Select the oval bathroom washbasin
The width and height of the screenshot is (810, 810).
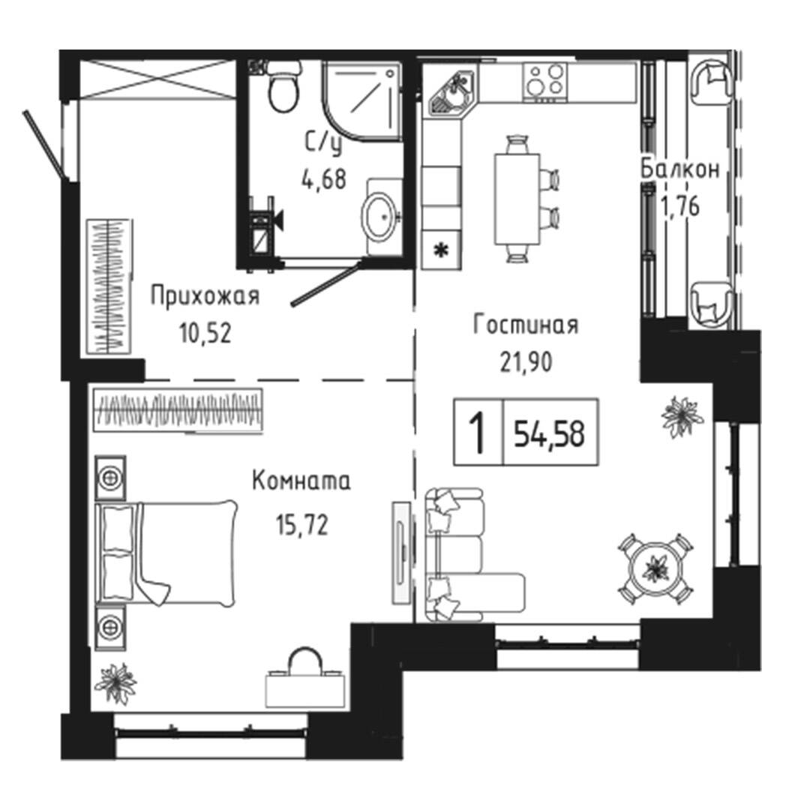coord(380,217)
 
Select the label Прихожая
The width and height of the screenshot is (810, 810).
coord(205,296)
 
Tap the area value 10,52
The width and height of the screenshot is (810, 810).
coord(205,333)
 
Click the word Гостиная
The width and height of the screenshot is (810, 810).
coord(525,325)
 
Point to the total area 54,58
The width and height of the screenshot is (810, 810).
coord(549,433)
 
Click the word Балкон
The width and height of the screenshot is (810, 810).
coord(679,169)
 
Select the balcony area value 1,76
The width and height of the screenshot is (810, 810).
coord(680,207)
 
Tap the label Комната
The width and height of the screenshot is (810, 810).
coord(301,481)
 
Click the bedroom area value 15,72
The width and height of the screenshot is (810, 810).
coord(302,526)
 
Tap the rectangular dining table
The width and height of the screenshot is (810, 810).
coord(517,199)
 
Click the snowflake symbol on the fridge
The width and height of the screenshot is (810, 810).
coord(441,251)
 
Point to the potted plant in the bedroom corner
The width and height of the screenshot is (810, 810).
coord(115,683)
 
